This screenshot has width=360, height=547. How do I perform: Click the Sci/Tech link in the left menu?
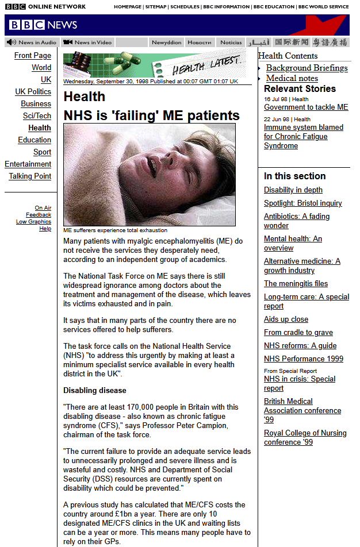[37, 116]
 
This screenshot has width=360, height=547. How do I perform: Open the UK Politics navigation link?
[33, 92]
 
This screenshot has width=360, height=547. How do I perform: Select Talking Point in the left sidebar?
[30, 176]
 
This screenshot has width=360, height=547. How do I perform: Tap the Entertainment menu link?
[28, 164]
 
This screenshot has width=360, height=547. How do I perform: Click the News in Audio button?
[32, 43]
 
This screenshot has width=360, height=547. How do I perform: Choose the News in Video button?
[87, 43]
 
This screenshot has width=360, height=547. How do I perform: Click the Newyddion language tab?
[166, 43]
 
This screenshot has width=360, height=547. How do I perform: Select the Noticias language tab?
[231, 43]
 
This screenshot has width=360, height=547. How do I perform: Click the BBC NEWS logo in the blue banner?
[43, 25]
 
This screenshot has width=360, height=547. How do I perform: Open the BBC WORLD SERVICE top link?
[323, 7]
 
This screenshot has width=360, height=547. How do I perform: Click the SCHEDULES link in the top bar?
[185, 7]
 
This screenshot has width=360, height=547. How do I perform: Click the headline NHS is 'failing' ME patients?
[151, 115]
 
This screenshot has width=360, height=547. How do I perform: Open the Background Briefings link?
[307, 68]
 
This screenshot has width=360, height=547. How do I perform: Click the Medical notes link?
[292, 78]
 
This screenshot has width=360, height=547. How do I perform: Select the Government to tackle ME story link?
[306, 107]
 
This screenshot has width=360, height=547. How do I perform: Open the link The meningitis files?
[296, 284]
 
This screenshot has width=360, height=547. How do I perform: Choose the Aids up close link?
[286, 319]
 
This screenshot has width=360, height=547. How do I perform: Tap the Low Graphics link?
[33, 222]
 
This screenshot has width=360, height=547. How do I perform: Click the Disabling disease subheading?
[94, 391]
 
